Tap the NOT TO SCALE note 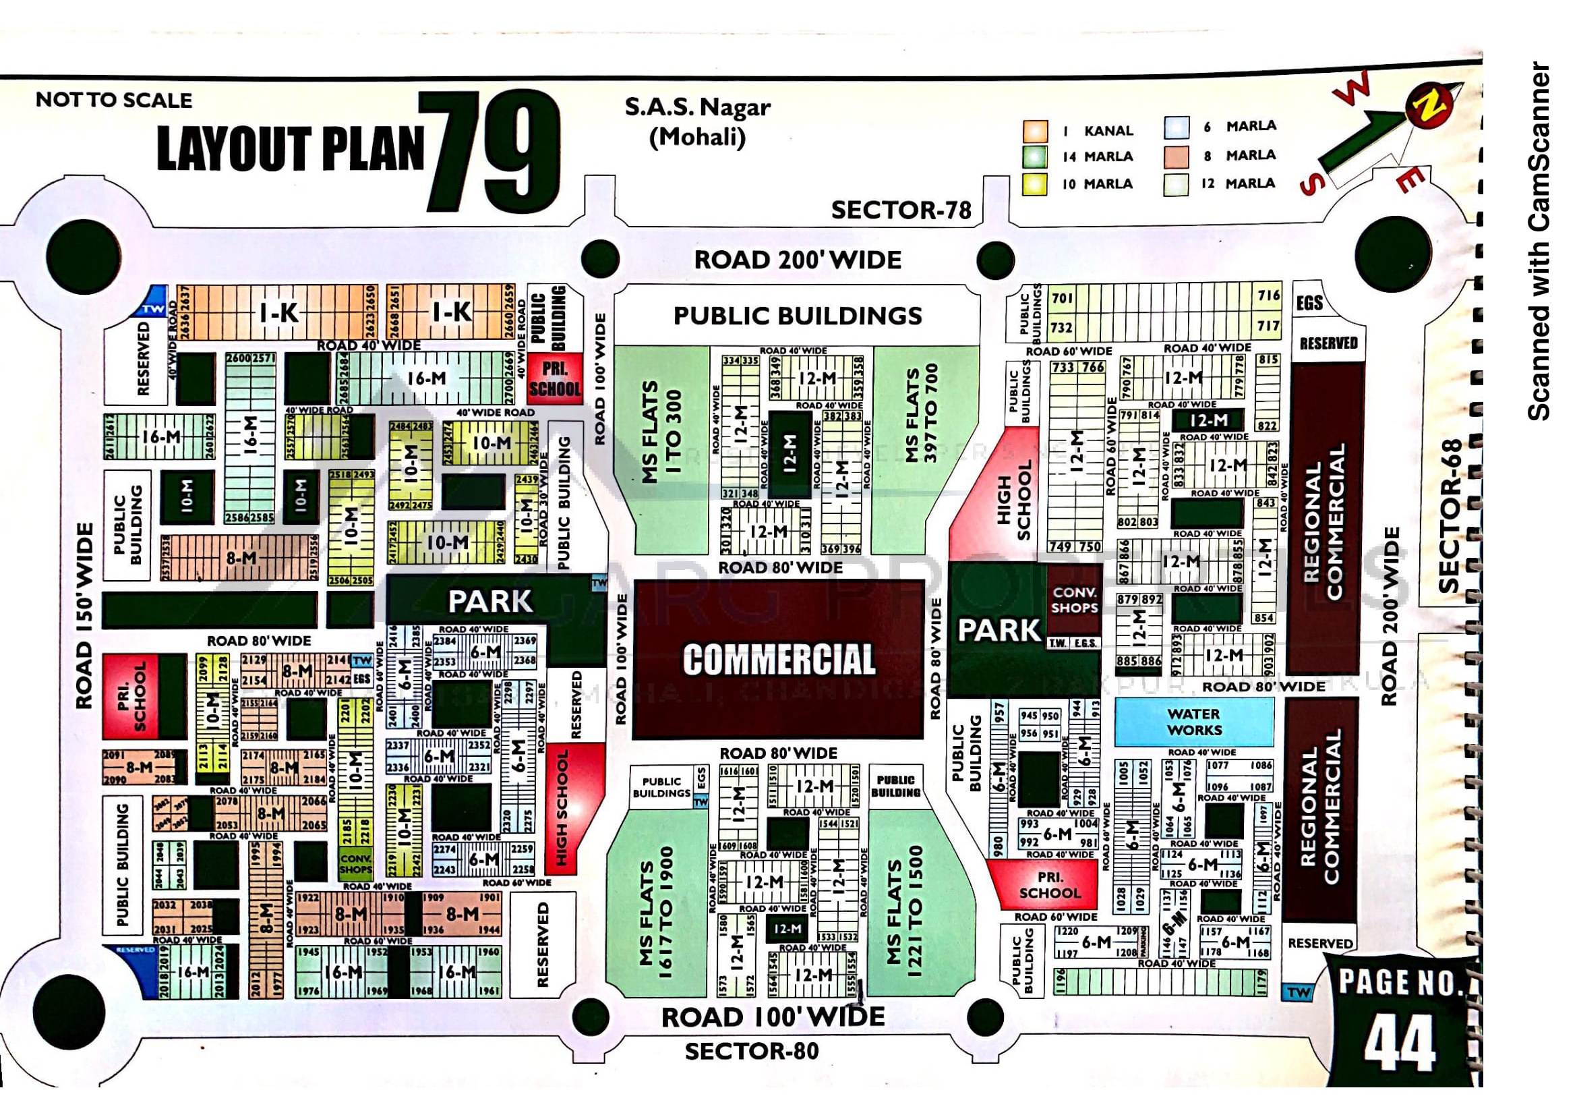coord(114,101)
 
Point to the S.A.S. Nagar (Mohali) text coord(697,122)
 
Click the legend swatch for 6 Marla coord(1176,127)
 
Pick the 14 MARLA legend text coord(1098,156)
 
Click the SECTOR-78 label coord(901,210)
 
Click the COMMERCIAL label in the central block coord(779,660)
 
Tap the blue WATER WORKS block coord(1194,722)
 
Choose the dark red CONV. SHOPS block coord(1074,600)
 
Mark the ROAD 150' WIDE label coord(84,616)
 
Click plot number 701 coord(1062,298)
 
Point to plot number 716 coord(1268,295)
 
